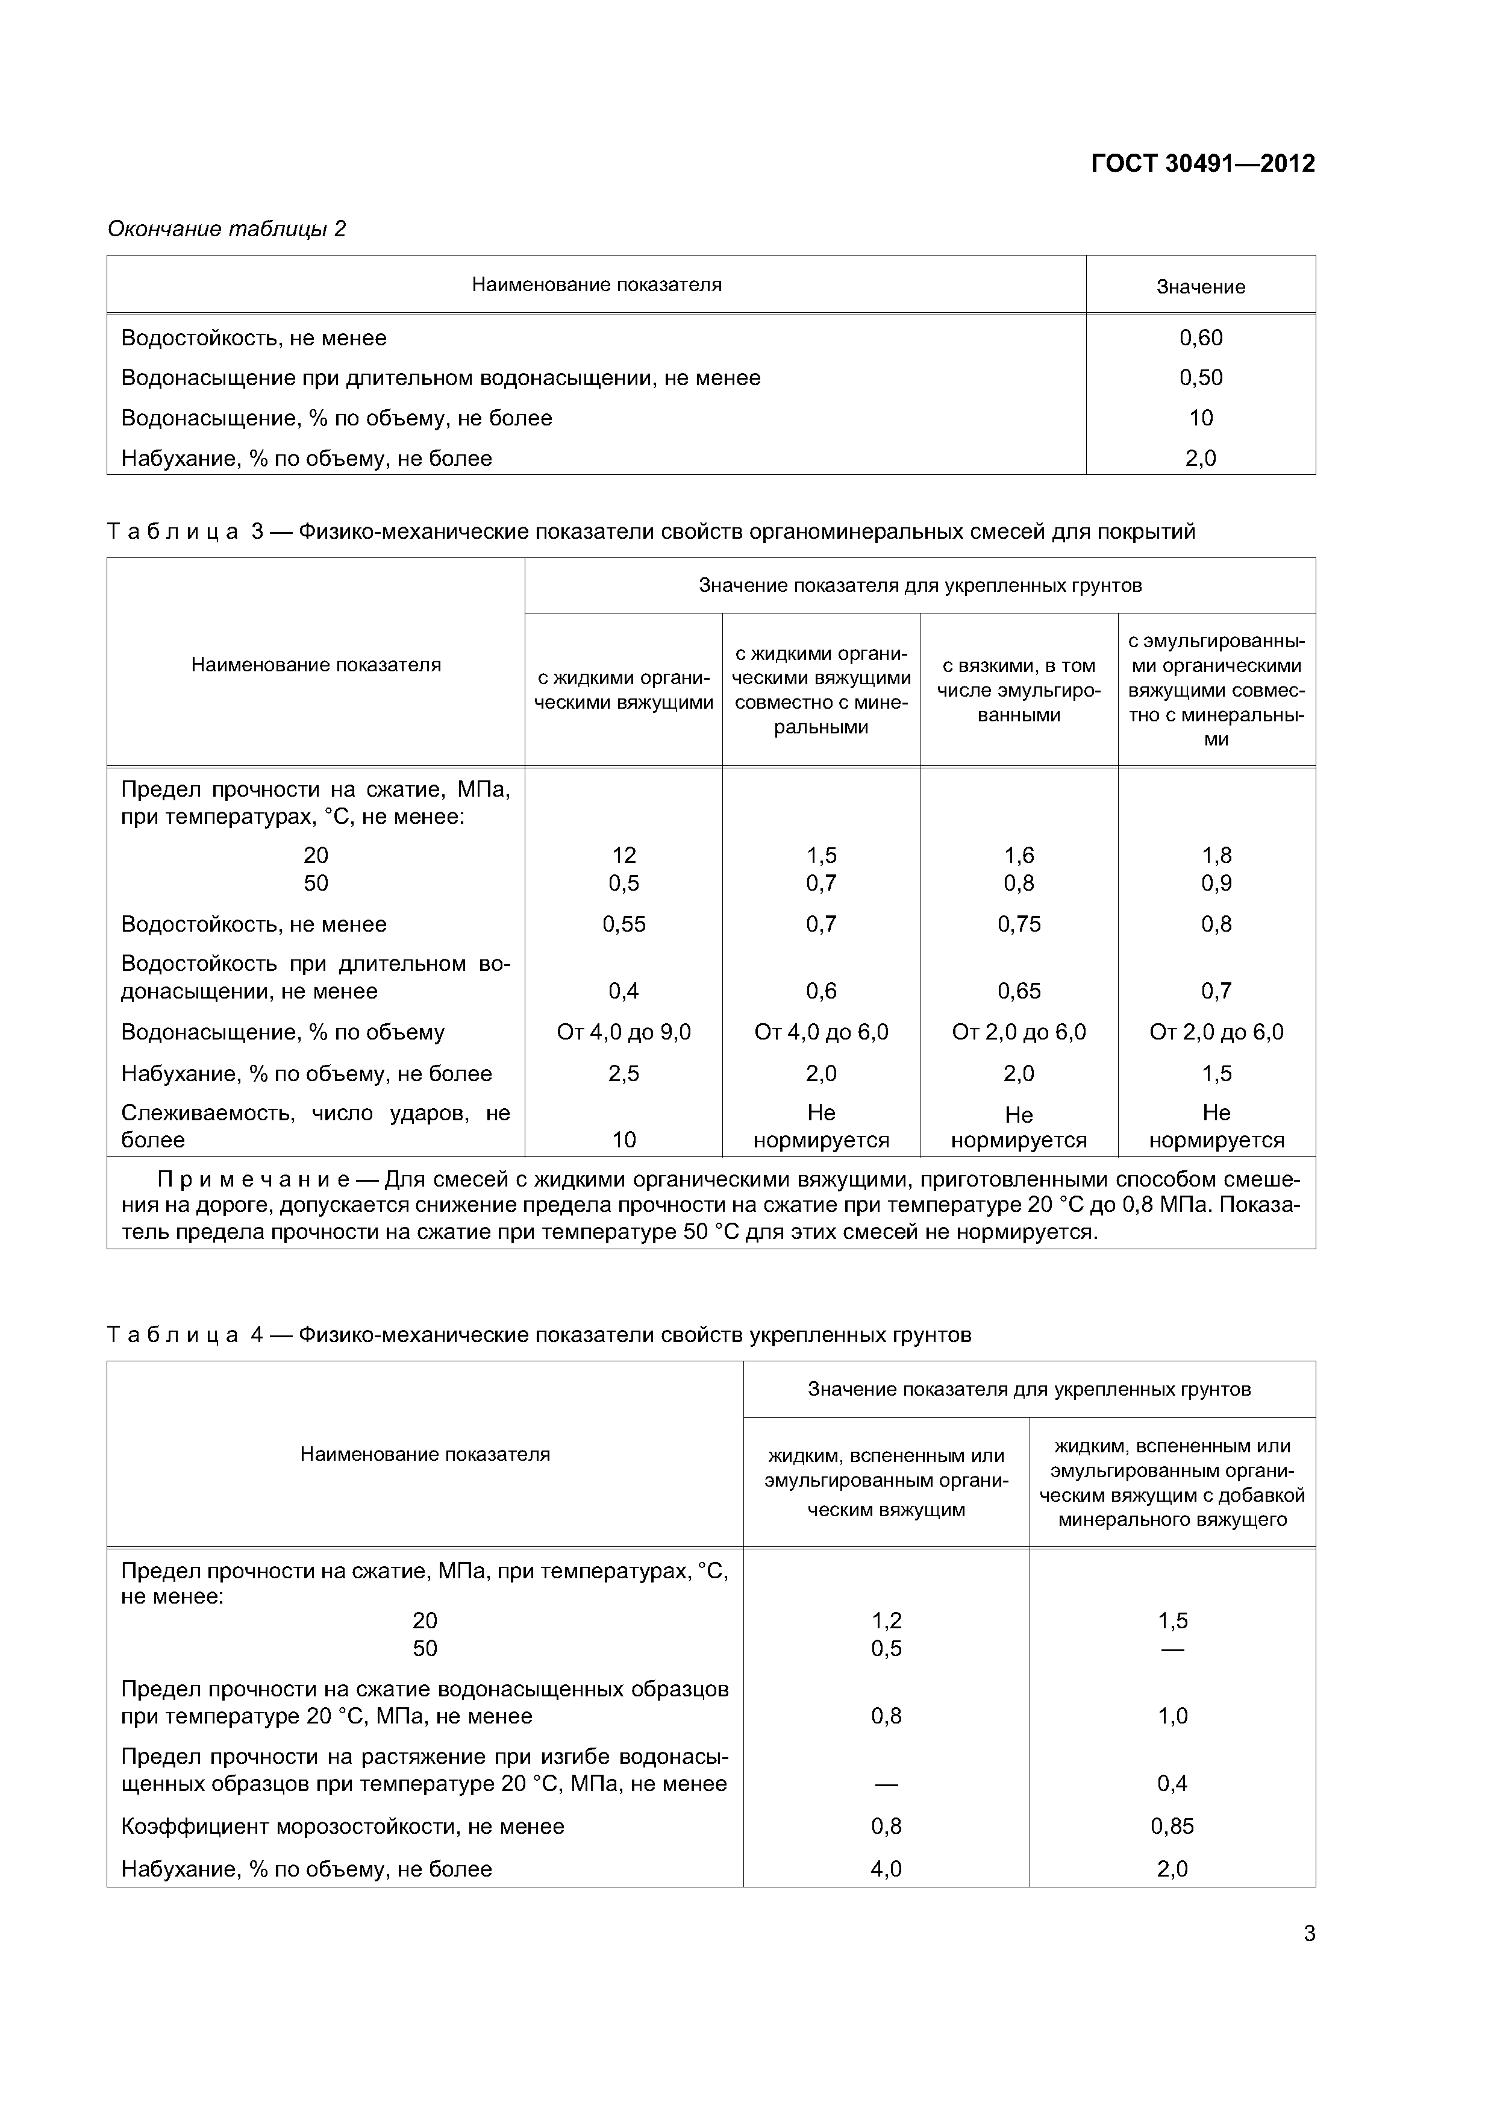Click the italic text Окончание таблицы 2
click(227, 228)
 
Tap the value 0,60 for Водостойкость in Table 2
click(1201, 338)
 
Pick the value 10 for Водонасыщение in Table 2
click(1201, 418)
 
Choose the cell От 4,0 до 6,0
click(821, 1032)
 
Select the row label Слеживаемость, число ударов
click(315, 1126)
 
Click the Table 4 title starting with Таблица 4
click(539, 1335)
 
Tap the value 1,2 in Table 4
click(886, 1620)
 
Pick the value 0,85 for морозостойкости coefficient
click(1172, 1826)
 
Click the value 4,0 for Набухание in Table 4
click(886, 1868)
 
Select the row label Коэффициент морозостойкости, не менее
click(342, 1826)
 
